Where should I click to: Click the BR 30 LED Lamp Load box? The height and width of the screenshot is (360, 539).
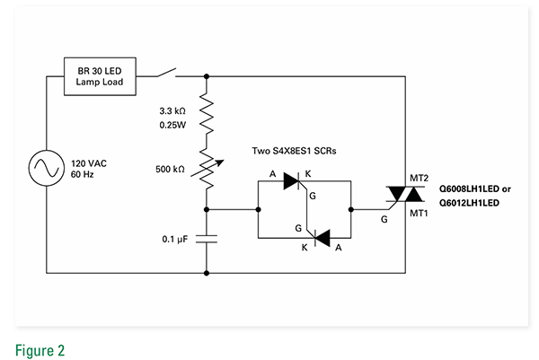pos(100,76)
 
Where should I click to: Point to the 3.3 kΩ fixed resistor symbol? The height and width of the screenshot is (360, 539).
pos(207,111)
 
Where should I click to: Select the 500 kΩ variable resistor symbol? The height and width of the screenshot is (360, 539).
pos(207,169)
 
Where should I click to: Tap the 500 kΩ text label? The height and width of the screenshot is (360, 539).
pos(172,169)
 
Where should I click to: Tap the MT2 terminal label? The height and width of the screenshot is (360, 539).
pos(419,179)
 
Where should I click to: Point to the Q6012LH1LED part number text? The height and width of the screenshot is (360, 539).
pos(468,203)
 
